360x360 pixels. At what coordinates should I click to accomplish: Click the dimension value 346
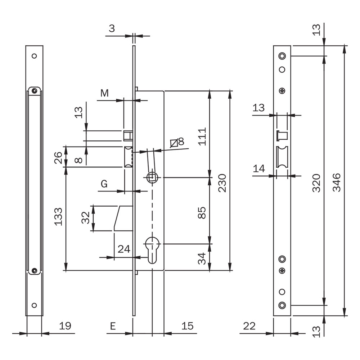click(337, 183)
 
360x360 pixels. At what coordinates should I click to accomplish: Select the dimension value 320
click(316, 183)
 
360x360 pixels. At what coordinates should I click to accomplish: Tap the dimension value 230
click(222, 183)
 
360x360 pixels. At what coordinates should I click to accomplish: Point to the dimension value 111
click(202, 136)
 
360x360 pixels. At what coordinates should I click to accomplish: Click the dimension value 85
click(202, 213)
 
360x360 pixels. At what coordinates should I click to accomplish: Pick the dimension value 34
click(202, 258)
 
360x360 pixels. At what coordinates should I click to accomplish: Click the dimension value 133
click(58, 217)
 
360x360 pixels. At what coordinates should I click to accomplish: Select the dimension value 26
click(58, 158)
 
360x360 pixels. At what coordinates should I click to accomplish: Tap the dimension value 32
click(85, 218)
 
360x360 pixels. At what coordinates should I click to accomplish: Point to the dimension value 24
click(124, 249)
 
